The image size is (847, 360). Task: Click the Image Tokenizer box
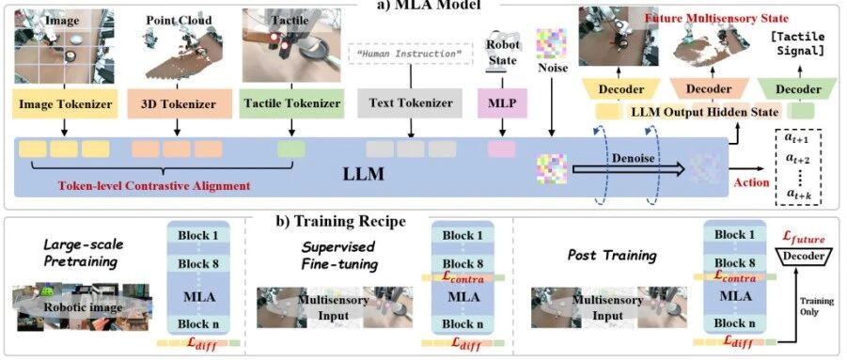pos(66,103)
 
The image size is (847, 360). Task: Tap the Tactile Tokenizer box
pos(292,103)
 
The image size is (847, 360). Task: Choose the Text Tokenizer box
pos(410,103)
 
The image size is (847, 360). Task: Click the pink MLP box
pos(503,103)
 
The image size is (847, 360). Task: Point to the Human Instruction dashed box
pos(411,54)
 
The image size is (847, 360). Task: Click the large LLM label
pos(364,174)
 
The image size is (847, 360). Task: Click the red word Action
pos(751,182)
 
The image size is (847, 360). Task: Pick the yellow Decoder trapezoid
pos(621,88)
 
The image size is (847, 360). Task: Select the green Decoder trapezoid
pos(797,88)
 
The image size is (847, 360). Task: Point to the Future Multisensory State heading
pos(716,19)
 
